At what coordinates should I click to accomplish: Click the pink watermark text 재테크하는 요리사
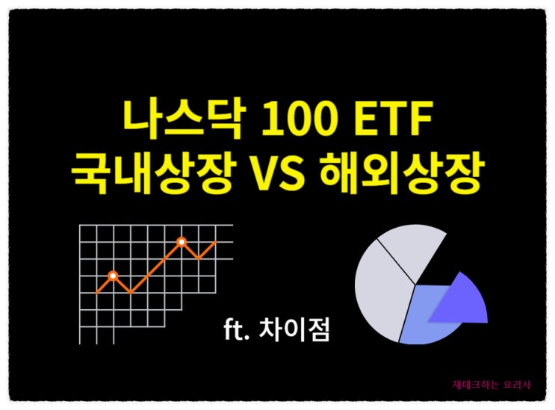(x=492, y=385)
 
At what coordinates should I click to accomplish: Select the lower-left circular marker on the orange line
(x=113, y=276)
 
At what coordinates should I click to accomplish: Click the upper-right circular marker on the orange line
(x=181, y=242)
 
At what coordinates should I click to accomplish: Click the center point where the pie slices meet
(x=412, y=286)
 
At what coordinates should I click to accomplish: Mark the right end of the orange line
(x=216, y=242)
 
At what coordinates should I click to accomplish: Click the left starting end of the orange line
(x=97, y=292)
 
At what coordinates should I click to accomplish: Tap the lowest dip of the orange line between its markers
(x=131, y=293)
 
